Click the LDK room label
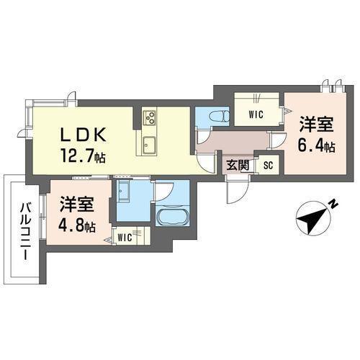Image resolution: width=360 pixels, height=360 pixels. pyautogui.click(x=84, y=134)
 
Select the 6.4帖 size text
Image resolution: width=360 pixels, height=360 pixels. pyautogui.click(x=317, y=145)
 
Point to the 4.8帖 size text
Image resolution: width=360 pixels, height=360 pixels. pyautogui.click(x=76, y=226)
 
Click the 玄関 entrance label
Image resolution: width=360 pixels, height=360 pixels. pyautogui.click(x=238, y=165)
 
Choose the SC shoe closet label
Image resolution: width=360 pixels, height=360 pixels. pyautogui.click(x=268, y=165)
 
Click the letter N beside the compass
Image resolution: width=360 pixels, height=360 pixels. pyautogui.click(x=333, y=204)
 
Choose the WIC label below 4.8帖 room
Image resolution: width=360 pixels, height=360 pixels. pyautogui.click(x=125, y=235)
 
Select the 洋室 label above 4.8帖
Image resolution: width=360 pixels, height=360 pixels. pyautogui.click(x=76, y=204)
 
